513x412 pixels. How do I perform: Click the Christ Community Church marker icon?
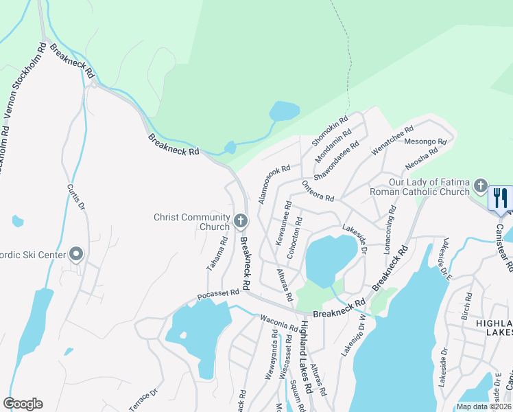240,220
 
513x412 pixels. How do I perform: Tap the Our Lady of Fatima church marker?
481,186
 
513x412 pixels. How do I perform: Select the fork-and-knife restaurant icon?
500,198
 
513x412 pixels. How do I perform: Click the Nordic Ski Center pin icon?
75,255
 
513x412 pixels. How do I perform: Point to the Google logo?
23,404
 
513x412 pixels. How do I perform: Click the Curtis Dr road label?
76,196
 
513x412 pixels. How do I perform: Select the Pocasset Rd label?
218,293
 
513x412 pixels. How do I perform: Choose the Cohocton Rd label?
295,238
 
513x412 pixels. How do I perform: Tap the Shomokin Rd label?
331,130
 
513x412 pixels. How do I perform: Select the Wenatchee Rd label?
392,138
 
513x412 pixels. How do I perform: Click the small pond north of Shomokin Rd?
285,111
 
